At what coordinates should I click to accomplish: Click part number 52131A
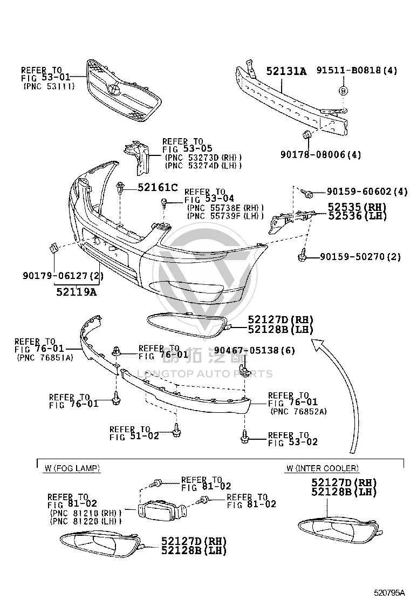pyautogui.click(x=286, y=71)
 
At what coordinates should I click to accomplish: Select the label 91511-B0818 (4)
pyautogui.click(x=357, y=70)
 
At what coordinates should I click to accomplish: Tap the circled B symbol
pyautogui.click(x=343, y=91)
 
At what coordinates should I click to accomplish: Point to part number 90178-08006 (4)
pyautogui.click(x=320, y=155)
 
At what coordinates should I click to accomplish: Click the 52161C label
pyautogui.click(x=158, y=188)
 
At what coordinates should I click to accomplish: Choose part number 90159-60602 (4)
pyautogui.click(x=367, y=192)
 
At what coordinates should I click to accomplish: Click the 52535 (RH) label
pyautogui.click(x=357, y=207)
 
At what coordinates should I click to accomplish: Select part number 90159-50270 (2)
pyautogui.click(x=360, y=256)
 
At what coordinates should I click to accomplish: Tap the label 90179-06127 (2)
pyautogui.click(x=63, y=275)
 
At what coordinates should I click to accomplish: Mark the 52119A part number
pyautogui.click(x=77, y=292)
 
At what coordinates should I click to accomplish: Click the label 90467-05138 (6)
pyautogui.click(x=254, y=350)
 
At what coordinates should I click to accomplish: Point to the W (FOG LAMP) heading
pyautogui.click(x=72, y=468)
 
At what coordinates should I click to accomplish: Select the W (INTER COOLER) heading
pyautogui.click(x=323, y=468)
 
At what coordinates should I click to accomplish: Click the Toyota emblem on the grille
pyautogui.click(x=113, y=88)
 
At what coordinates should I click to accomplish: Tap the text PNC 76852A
pyautogui.click(x=299, y=412)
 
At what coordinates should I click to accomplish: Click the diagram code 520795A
pyautogui.click(x=389, y=593)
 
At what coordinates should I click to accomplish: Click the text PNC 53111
pyautogui.click(x=49, y=86)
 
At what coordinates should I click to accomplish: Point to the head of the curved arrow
pyautogui.click(x=317, y=344)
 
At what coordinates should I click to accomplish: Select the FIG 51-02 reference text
pyautogui.click(x=134, y=436)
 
